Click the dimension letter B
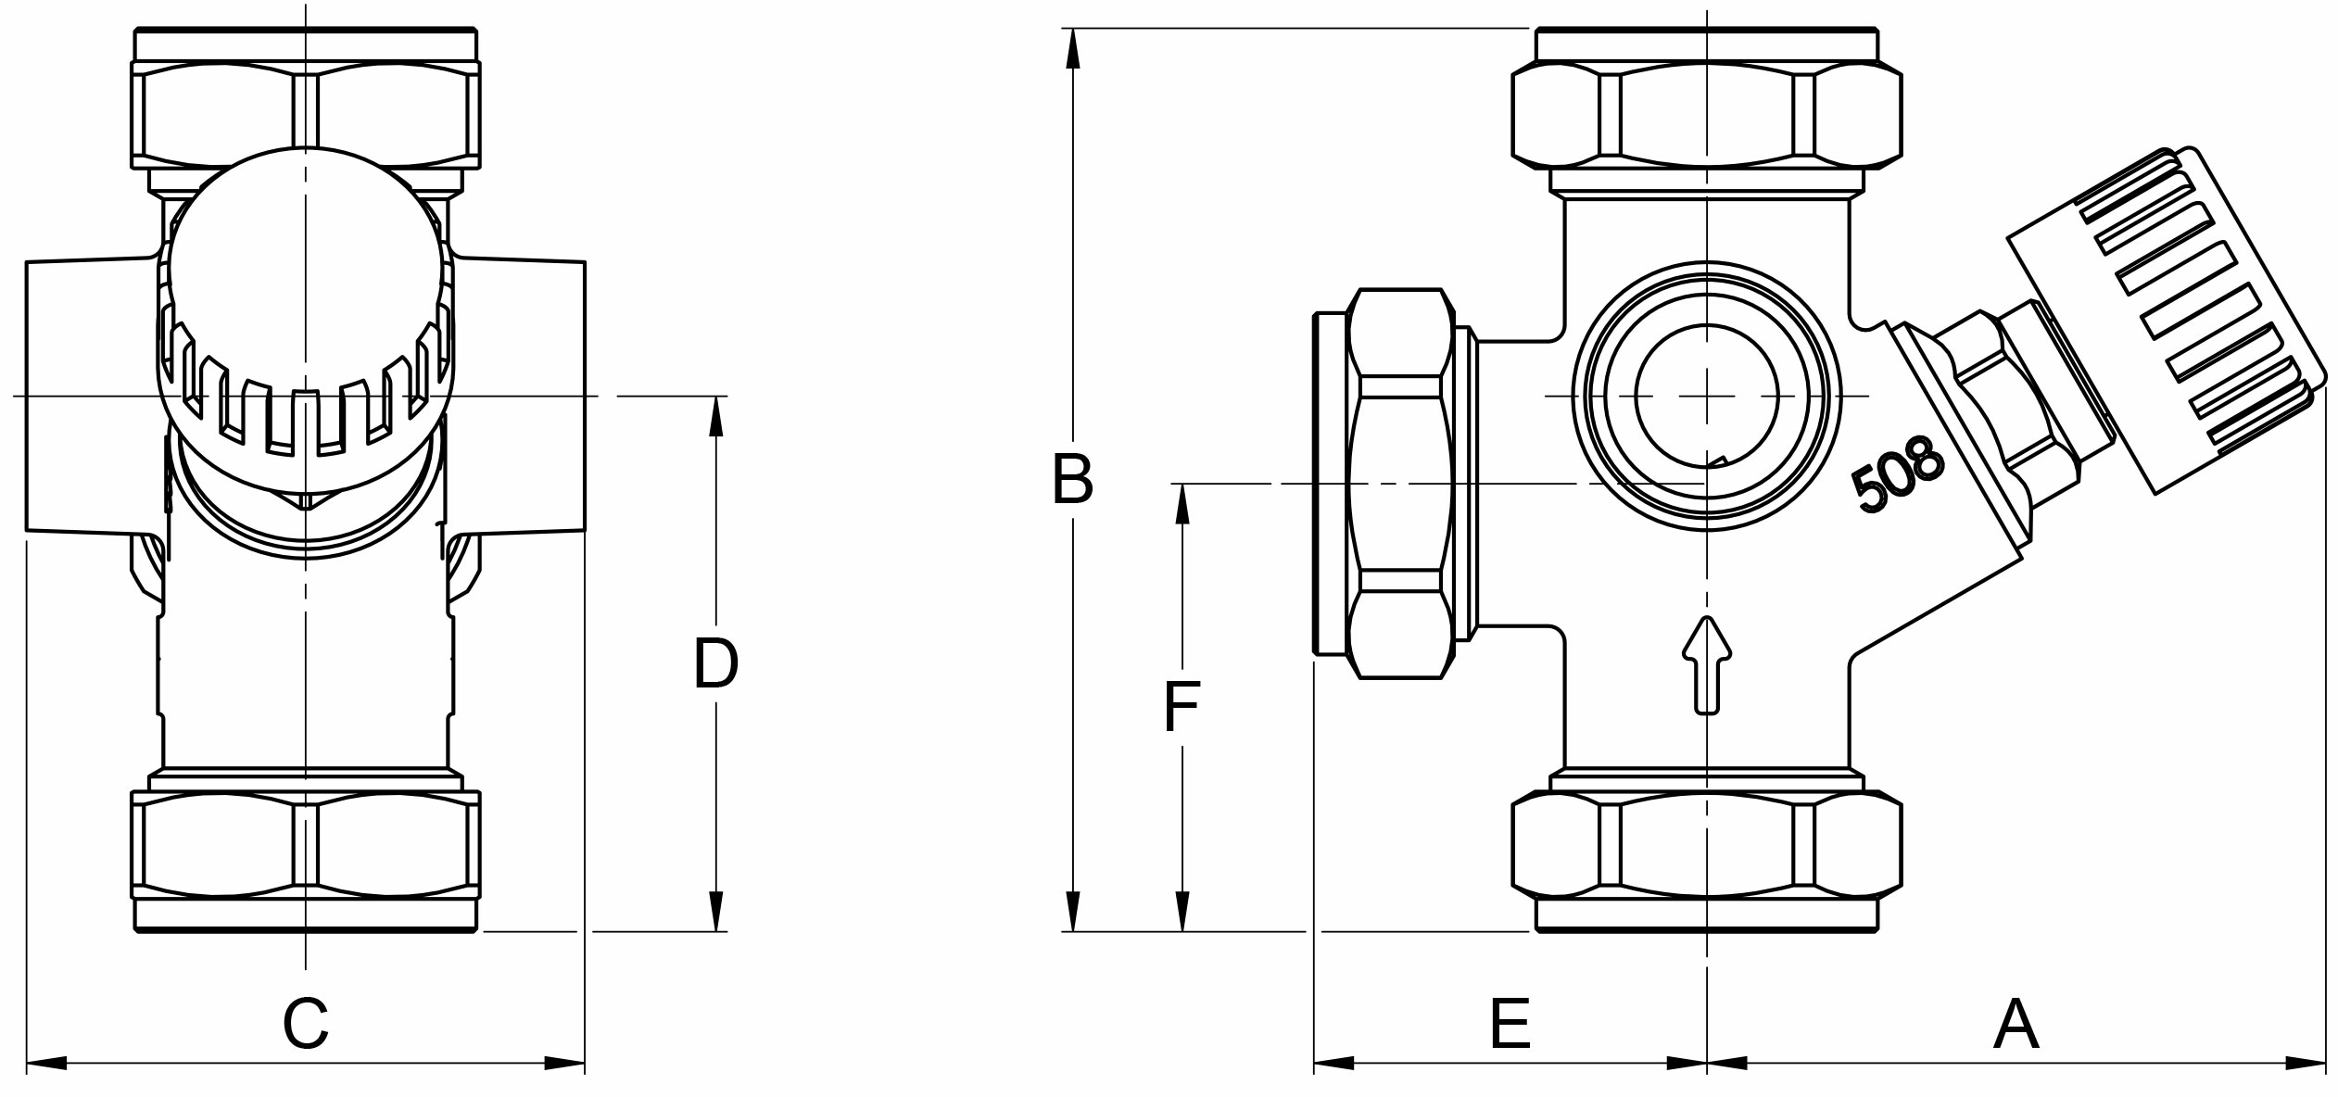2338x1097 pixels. coord(1072,479)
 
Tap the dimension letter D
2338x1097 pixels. coord(715,663)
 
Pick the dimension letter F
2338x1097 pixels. coord(1182,707)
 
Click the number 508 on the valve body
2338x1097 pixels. coord(1897,473)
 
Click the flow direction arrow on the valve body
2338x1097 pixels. coord(1706,664)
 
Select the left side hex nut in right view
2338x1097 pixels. coord(1399,483)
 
